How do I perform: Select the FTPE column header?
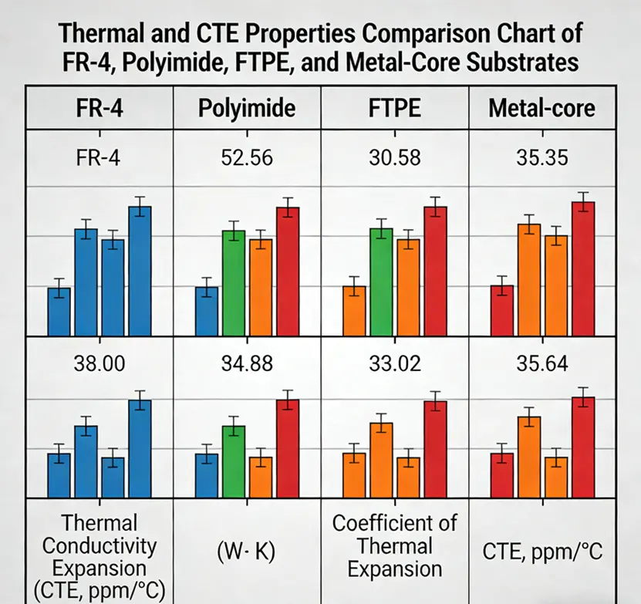pyautogui.click(x=393, y=107)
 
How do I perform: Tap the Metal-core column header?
pyautogui.click(x=541, y=107)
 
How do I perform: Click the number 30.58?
pyautogui.click(x=394, y=160)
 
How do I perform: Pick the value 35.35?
pyautogui.click(x=542, y=160)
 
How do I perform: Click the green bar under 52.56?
pyautogui.click(x=234, y=282)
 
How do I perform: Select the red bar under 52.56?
pyautogui.click(x=288, y=271)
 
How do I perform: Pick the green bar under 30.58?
pyautogui.click(x=381, y=282)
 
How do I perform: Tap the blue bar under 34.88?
pyautogui.click(x=207, y=474)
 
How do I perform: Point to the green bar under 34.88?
pyautogui.click(x=234, y=460)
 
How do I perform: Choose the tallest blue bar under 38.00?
pyautogui.click(x=140, y=447)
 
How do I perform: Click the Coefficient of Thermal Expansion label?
pyautogui.click(x=394, y=546)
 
